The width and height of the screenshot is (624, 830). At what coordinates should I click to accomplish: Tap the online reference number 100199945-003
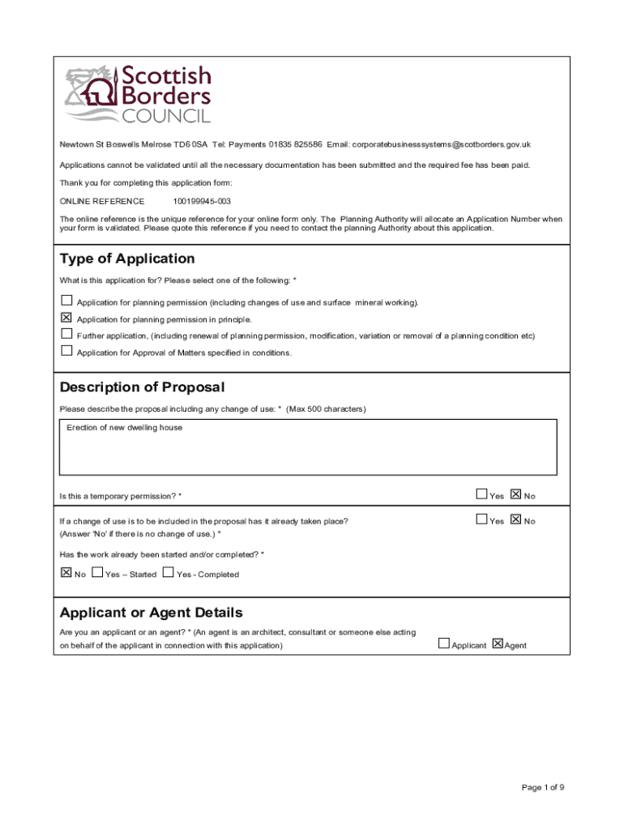click(x=202, y=201)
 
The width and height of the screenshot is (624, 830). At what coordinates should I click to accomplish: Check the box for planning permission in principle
click(x=66, y=318)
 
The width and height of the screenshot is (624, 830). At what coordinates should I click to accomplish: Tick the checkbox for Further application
click(x=66, y=334)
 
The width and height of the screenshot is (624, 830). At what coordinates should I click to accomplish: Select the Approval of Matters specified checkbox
click(x=66, y=351)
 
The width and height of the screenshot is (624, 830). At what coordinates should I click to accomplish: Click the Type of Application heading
click(x=127, y=259)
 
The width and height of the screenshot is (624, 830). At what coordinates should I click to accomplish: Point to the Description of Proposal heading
click(x=142, y=387)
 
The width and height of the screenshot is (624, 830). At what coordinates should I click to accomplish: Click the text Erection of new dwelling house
click(x=124, y=427)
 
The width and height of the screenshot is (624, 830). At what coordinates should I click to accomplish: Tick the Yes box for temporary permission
click(x=481, y=494)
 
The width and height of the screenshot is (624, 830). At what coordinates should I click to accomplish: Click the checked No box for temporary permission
click(x=515, y=494)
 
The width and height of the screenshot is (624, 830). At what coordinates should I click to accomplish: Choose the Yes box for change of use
click(x=481, y=520)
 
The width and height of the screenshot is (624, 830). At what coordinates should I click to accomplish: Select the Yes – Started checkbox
click(x=97, y=572)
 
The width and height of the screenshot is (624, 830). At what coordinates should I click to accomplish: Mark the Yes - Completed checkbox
click(x=168, y=572)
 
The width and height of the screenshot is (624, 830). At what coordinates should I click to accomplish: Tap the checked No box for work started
click(x=66, y=572)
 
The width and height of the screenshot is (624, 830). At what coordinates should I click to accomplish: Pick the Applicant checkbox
click(x=443, y=644)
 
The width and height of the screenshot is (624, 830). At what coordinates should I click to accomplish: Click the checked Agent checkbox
click(x=497, y=644)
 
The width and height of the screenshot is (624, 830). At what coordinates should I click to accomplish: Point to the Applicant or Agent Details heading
click(x=151, y=612)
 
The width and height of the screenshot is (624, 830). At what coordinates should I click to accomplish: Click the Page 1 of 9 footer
click(x=543, y=787)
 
